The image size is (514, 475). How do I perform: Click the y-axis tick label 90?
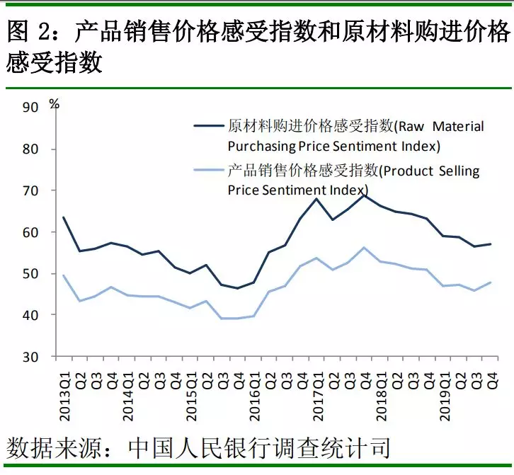(31, 108)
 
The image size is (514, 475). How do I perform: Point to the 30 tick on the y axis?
(31, 357)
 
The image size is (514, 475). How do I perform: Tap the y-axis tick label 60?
(31, 232)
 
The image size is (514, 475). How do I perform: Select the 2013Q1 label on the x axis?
(64, 392)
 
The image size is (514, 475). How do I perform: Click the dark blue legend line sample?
(210, 127)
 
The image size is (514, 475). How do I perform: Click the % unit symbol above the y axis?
(55, 103)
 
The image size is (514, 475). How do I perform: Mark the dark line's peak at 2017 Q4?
(364, 194)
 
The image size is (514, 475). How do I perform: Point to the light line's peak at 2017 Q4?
(364, 248)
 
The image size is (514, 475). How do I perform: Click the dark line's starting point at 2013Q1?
(64, 217)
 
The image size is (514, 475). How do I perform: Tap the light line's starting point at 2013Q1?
(64, 275)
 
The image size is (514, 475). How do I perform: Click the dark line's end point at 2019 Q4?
(491, 244)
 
